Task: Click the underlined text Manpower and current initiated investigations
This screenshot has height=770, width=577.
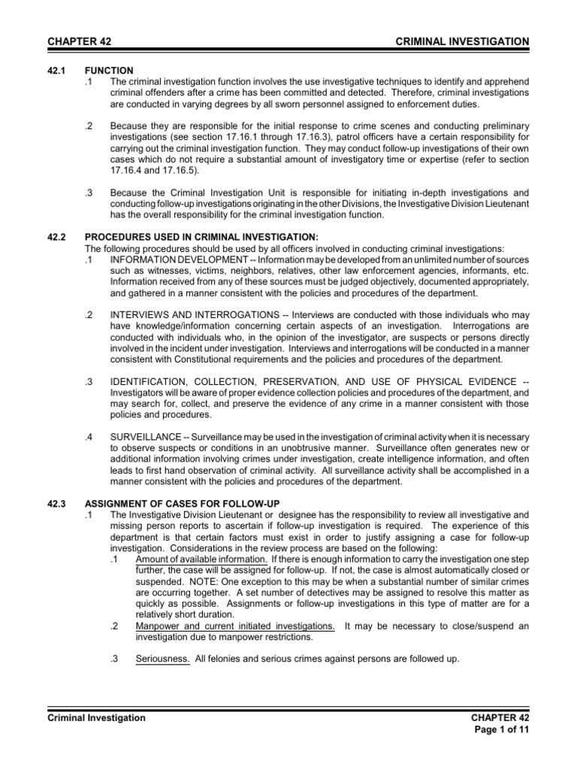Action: pyautogui.click(x=235, y=626)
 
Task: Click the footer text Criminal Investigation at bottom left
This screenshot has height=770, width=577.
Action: pyautogui.click(x=97, y=718)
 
